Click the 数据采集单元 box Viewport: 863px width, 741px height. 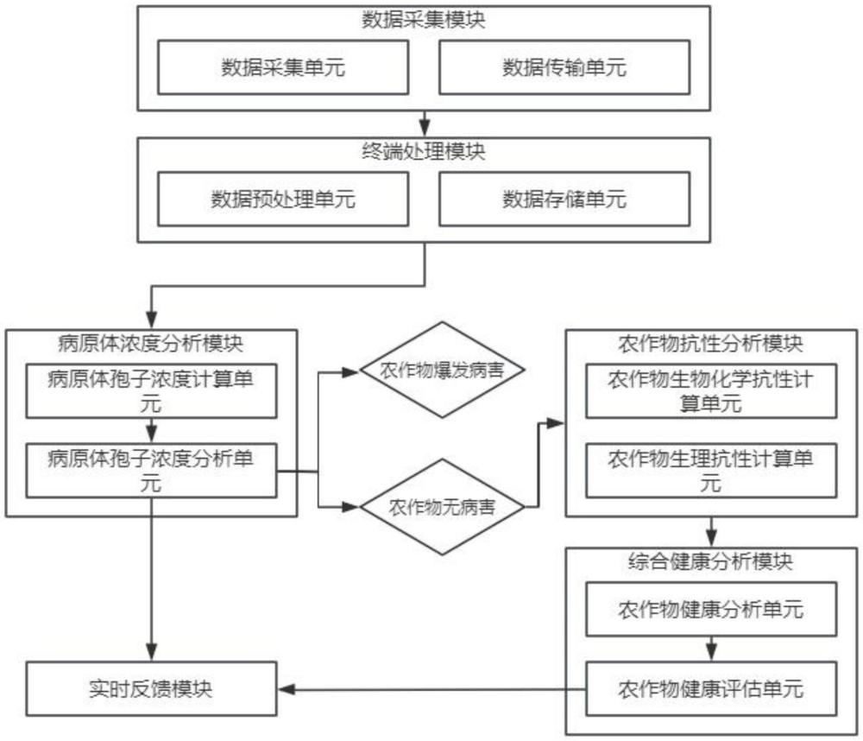tap(283, 67)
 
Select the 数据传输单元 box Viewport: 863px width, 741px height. tap(564, 67)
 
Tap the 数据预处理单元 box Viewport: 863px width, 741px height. tap(283, 199)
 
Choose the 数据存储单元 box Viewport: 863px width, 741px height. tap(564, 199)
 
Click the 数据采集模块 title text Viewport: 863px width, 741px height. tap(423, 20)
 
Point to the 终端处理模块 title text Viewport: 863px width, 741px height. tap(423, 151)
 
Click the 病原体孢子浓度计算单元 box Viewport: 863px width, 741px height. tap(151, 390)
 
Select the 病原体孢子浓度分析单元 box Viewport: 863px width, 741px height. tap(151, 471)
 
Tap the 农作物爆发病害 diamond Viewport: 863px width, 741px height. tap(442, 370)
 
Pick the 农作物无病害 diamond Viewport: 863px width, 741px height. tap(442, 507)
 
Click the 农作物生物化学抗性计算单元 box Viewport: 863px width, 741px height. tap(711, 390)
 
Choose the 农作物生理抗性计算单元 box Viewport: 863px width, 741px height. tap(711, 471)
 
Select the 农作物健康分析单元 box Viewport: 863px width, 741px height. tap(711, 609)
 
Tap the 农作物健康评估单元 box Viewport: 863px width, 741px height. tap(711, 688)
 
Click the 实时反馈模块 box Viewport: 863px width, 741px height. tap(151, 688)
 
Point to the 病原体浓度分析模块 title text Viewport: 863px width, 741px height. tap(151, 344)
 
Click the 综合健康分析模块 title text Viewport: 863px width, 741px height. tap(710, 561)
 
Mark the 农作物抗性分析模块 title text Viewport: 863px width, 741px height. tap(710, 344)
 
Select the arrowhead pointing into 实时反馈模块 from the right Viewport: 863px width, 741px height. tap(287, 689)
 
